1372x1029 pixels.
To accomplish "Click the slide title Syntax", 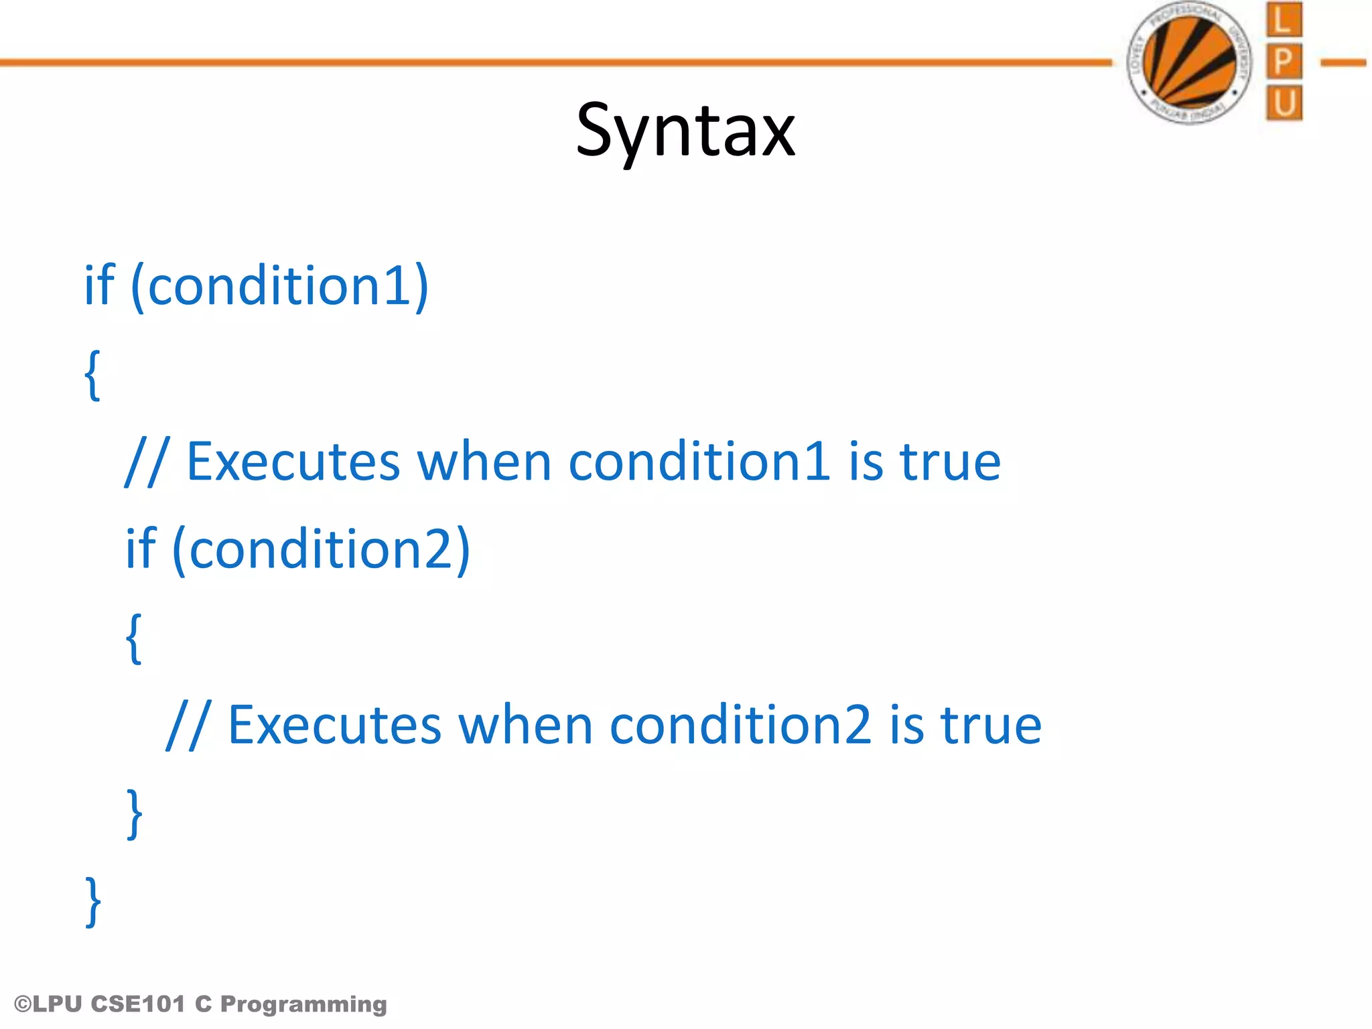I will [x=685, y=131].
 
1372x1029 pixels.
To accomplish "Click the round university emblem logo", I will [x=1190, y=62].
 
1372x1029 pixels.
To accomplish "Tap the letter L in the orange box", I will [x=1284, y=20].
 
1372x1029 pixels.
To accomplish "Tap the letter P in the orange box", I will [x=1284, y=62].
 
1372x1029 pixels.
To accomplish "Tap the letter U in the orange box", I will [x=1284, y=103].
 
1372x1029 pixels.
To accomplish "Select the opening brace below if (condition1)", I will [x=93, y=375].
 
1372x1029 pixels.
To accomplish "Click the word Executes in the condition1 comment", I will [x=293, y=462].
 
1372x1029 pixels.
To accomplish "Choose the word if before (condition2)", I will [x=141, y=548].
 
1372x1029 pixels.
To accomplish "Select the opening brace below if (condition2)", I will [x=134, y=638].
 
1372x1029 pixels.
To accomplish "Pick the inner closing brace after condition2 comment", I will [x=135, y=813].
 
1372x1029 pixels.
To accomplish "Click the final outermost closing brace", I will [x=93, y=901].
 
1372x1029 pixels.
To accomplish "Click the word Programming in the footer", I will [x=303, y=1004].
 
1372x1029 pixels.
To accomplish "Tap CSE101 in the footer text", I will [x=137, y=1004].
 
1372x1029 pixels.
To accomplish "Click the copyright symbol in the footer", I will [x=23, y=1004].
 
